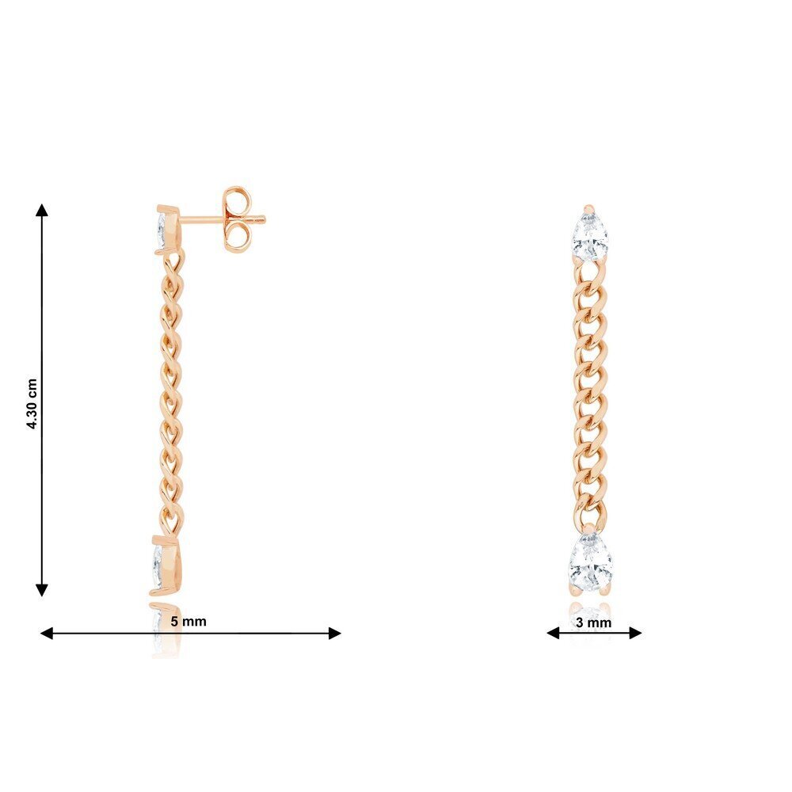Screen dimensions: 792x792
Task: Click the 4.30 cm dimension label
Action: click(32, 404)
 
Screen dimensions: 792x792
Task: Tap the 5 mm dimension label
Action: click(188, 621)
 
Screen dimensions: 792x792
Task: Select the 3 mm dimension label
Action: click(593, 623)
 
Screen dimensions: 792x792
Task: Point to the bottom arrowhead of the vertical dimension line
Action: click(42, 590)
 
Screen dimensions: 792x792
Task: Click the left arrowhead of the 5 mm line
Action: click(47, 633)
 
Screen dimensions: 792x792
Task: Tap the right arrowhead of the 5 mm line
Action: click(335, 633)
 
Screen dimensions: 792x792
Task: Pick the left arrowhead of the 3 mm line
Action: click(554, 632)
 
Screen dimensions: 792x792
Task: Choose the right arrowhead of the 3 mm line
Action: click(635, 632)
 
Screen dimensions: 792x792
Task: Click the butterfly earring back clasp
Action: click(236, 219)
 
